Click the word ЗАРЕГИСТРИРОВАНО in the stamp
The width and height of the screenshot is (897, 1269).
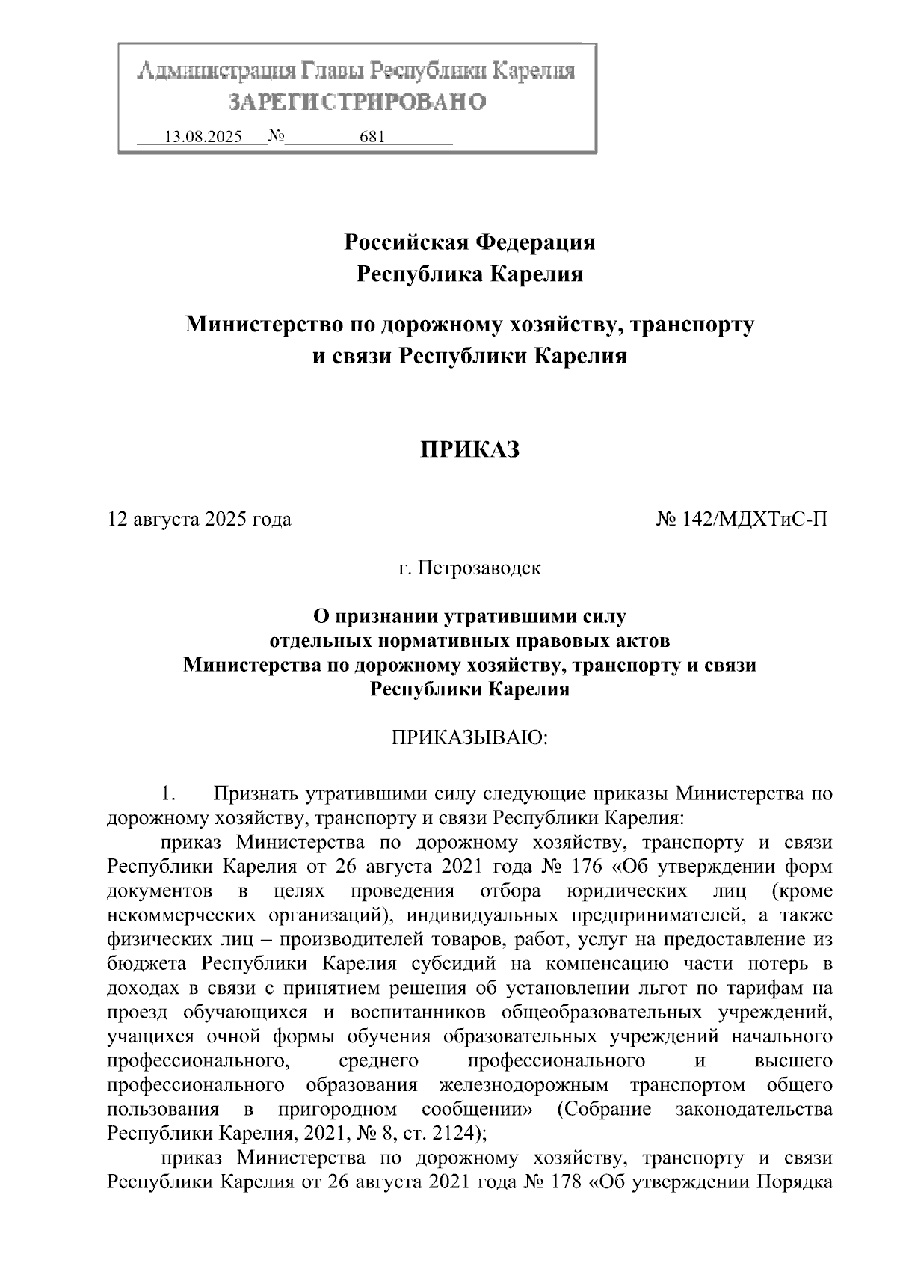pos(357,102)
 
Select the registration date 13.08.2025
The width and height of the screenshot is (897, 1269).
pos(203,138)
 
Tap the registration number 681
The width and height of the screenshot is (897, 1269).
pos(372,138)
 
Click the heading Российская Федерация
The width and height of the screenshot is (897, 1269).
pos(469,242)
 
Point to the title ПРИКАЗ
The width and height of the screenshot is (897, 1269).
pos(469,449)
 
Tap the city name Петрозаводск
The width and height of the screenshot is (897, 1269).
pos(479,568)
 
